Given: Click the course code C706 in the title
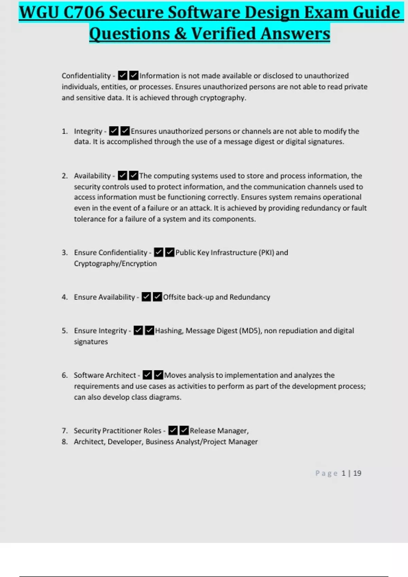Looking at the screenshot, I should tap(84, 13).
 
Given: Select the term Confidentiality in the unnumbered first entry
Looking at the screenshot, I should tap(86, 76).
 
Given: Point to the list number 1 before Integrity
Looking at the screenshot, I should tap(65, 131).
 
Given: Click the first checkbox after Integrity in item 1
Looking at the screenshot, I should tap(114, 131).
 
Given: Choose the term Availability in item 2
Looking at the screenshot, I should tap(92, 176).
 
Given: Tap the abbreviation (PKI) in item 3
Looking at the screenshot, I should tap(266, 253).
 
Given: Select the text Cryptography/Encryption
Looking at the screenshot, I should tap(115, 264).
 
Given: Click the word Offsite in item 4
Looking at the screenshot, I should tap(174, 297).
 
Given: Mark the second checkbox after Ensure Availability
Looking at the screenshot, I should tap(157, 297).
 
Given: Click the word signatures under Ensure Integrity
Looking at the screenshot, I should tap(91, 342).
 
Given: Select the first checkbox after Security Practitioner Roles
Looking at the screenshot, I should tap(173, 431).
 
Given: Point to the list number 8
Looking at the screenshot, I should tap(65, 442).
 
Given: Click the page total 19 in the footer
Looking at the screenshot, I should tap(357, 473).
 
